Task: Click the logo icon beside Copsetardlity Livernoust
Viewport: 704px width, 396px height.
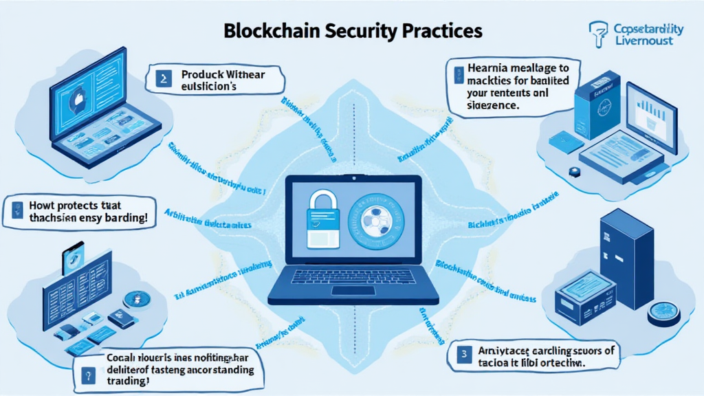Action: (599, 32)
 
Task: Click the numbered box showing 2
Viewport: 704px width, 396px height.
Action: (163, 78)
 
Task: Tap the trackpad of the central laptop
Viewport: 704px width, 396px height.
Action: (353, 291)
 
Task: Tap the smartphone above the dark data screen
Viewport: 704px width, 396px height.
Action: (73, 257)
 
